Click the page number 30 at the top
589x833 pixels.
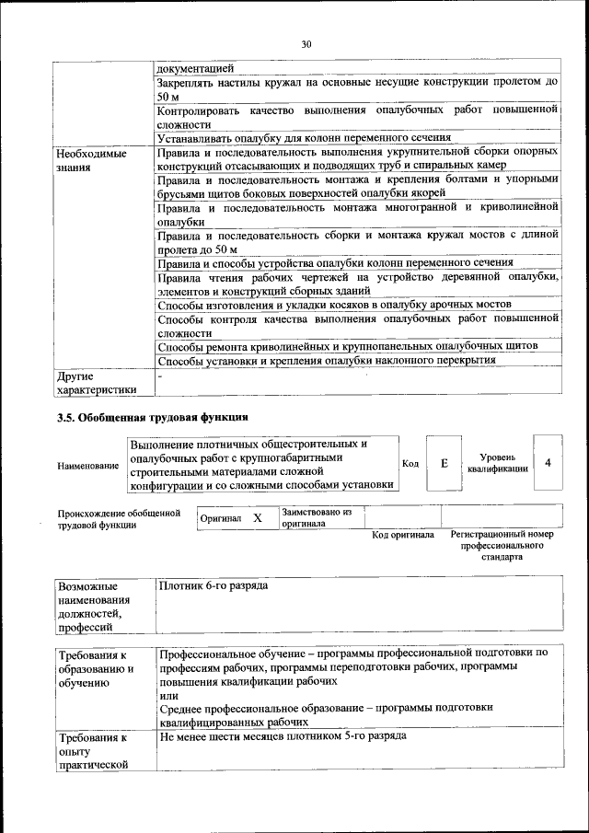pos(306,43)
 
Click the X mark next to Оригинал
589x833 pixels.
pos(258,518)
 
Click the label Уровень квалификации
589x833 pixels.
pos(497,462)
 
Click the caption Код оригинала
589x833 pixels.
pos(403,535)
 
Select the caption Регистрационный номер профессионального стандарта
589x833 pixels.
pos(502,545)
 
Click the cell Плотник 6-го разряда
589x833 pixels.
pos(214,585)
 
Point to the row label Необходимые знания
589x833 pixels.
pos(90,161)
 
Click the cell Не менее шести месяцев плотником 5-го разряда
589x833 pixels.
pos(281,737)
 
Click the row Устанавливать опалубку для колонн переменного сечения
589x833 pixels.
pos(304,138)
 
